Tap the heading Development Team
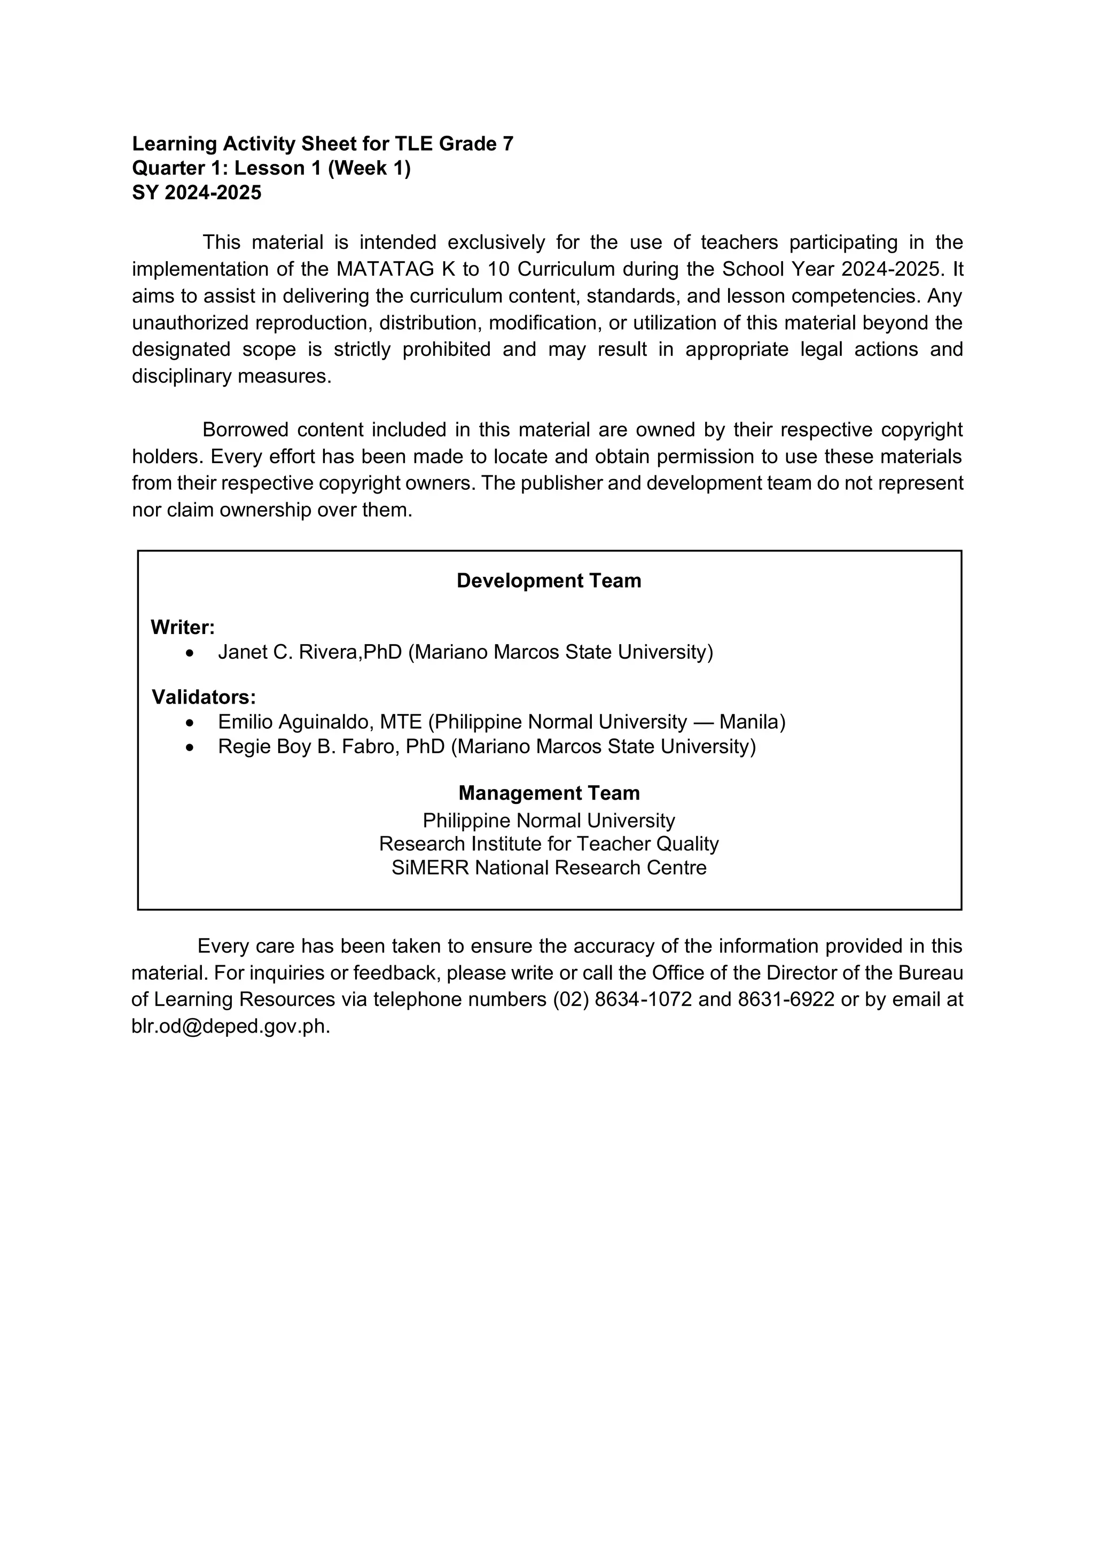pyautogui.click(x=549, y=581)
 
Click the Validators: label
pyautogui.click(x=204, y=697)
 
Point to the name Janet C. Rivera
pyautogui.click(x=290, y=652)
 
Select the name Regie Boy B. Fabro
pyautogui.click(x=306, y=747)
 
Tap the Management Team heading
pyautogui.click(x=549, y=793)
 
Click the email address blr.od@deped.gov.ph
pyautogui.click(x=230, y=1026)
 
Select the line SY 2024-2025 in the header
pyautogui.click(x=197, y=193)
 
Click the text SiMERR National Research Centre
pyautogui.click(x=549, y=868)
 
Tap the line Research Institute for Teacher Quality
pyautogui.click(x=549, y=844)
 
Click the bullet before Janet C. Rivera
pyautogui.click(x=191, y=653)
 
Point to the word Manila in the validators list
pyautogui.click(x=752, y=722)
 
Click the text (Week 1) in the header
pyautogui.click(x=369, y=168)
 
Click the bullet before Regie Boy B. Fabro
pyautogui.click(x=191, y=747)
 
